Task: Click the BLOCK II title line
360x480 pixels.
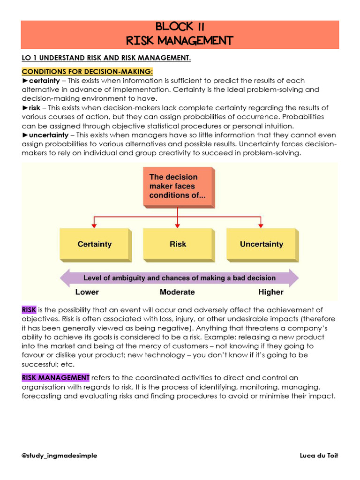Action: point(180,27)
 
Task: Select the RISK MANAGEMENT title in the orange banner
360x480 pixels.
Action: point(180,41)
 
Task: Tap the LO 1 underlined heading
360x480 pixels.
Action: point(106,58)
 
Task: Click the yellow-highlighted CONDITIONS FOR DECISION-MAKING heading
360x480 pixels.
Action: point(87,72)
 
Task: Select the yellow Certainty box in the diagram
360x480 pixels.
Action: point(95,244)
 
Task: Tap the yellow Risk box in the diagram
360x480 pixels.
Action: point(178,244)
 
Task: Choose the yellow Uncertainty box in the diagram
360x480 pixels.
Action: point(261,244)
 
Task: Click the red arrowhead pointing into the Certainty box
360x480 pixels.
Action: point(95,226)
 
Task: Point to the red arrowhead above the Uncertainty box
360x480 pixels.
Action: point(261,226)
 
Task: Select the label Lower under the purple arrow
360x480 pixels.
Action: point(87,292)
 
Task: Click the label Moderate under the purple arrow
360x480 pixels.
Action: point(177,292)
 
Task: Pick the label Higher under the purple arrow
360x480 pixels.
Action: point(271,292)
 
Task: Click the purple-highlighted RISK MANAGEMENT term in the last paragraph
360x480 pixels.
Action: point(55,378)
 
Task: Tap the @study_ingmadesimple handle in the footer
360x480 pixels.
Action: point(60,456)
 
